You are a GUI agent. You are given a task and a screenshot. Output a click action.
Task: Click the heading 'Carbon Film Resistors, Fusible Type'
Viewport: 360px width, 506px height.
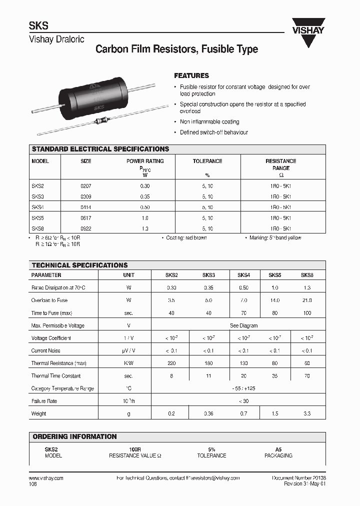tap(176, 49)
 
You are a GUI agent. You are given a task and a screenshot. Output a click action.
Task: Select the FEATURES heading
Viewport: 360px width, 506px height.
tap(191, 76)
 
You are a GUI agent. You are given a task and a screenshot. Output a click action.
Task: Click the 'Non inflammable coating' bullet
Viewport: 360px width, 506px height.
tap(209, 122)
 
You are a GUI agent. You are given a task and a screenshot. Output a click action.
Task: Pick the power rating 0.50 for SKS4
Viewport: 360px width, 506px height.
tap(144, 206)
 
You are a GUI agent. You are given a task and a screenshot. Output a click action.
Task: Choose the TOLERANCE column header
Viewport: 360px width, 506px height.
tap(207, 161)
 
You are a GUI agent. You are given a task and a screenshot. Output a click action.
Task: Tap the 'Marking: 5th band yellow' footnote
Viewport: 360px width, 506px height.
tap(275, 238)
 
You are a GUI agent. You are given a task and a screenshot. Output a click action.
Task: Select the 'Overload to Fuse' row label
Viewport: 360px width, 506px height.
tap(49, 300)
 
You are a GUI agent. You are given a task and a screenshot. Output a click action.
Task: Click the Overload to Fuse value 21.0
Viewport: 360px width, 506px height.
tap(307, 300)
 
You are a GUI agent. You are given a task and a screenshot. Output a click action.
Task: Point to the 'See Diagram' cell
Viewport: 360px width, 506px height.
tap(244, 325)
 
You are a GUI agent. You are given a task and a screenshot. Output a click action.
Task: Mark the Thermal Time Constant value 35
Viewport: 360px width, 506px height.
tap(274, 376)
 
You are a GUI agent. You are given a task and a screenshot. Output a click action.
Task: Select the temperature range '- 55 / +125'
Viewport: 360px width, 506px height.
tap(244, 388)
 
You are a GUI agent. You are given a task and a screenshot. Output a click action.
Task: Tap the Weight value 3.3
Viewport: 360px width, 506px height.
tap(307, 413)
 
